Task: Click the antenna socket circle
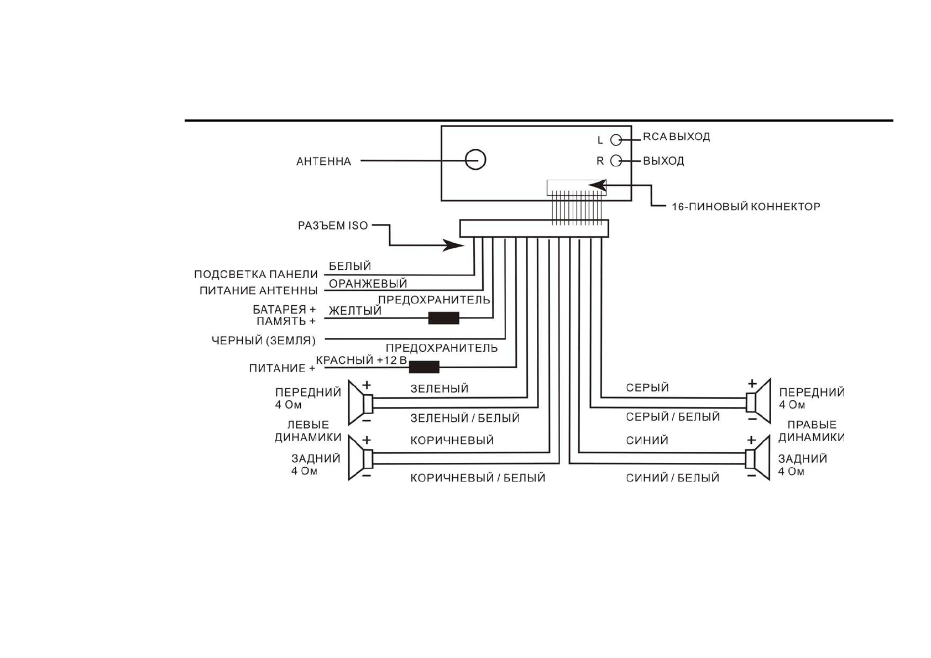coord(475,160)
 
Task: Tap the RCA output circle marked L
coord(616,140)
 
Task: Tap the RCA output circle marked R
coord(616,161)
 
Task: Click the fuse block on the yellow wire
coord(443,318)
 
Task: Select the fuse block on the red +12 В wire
coord(424,367)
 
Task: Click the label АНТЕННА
coord(323,161)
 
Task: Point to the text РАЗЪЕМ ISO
coord(333,226)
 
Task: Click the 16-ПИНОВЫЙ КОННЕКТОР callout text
coord(746,207)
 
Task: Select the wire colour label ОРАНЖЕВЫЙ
coord(368,284)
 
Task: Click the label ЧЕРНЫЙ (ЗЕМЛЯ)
coord(264,341)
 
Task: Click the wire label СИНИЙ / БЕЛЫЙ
coord(672,478)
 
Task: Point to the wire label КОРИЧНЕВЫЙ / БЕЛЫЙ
coord(478,478)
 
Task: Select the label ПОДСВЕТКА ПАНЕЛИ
coord(256,275)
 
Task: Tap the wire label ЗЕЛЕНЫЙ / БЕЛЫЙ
coord(465,419)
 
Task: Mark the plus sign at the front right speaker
coord(752,384)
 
